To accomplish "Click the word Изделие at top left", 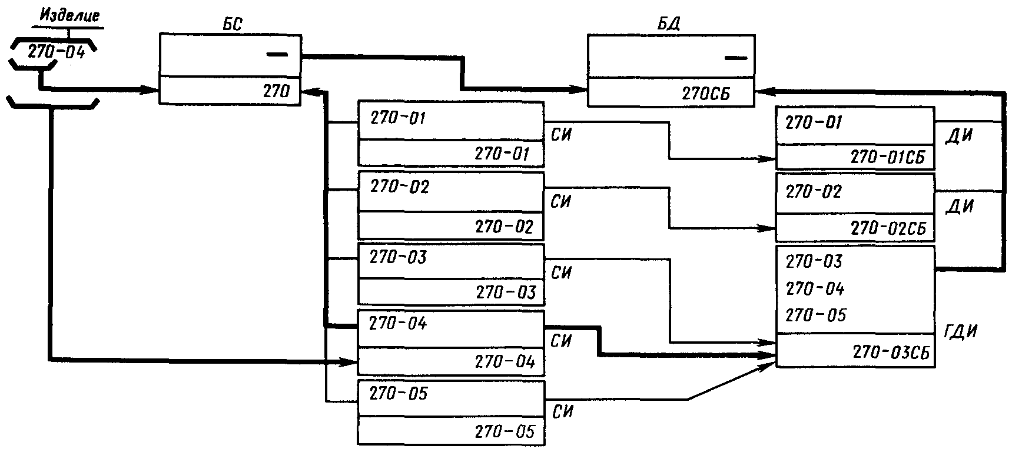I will (69, 15).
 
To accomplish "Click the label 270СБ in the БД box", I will (706, 94).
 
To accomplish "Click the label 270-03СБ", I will (890, 353).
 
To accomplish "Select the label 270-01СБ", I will (888, 157).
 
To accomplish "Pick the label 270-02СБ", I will (888, 228).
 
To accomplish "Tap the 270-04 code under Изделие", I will (56, 52).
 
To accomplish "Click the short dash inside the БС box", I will (277, 55).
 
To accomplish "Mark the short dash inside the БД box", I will (735, 58).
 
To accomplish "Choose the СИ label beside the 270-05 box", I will (563, 411).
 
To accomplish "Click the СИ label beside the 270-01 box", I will (562, 135).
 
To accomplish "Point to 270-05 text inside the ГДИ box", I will (815, 315).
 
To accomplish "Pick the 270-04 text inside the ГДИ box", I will (815, 288).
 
